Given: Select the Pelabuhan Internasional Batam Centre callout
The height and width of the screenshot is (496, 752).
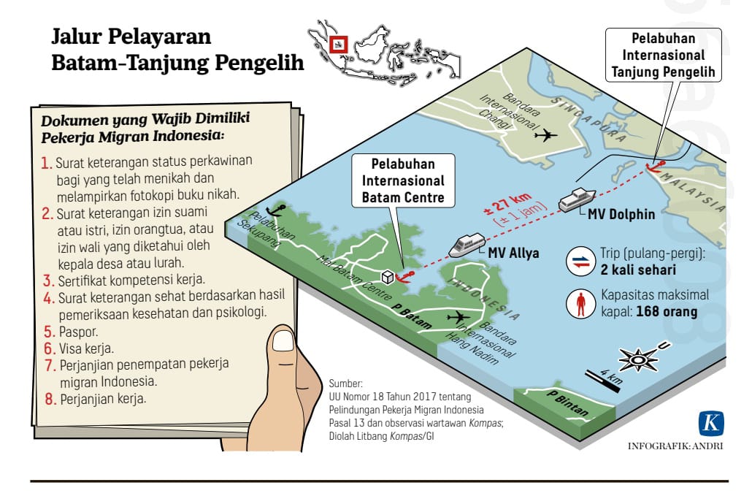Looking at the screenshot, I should click(x=402, y=180).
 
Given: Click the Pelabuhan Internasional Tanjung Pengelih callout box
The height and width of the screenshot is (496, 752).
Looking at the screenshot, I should click(x=663, y=55).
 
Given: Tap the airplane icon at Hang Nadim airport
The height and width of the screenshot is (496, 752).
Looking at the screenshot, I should click(x=459, y=316).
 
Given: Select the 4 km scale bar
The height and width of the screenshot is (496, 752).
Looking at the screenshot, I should click(x=603, y=381).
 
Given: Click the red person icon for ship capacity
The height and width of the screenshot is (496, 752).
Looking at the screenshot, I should click(x=581, y=304).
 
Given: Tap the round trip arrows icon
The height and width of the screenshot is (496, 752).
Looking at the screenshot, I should click(x=581, y=263).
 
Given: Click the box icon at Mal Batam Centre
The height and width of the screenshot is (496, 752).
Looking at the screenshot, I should click(x=388, y=276).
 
